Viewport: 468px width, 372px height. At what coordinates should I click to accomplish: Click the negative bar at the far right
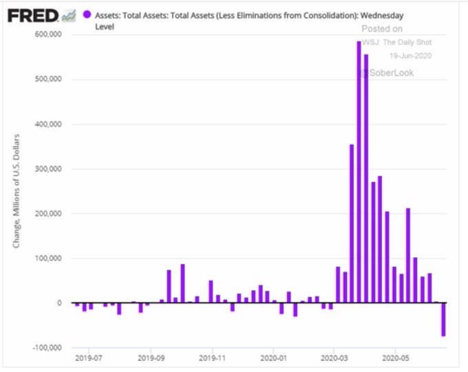444,320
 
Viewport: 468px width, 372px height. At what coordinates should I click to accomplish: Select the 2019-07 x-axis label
89,358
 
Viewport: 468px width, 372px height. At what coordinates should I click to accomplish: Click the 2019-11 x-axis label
213,358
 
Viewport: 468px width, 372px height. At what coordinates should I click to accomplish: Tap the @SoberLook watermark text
386,73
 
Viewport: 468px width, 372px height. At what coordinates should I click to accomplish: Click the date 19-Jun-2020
410,56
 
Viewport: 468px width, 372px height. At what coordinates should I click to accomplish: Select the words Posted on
382,29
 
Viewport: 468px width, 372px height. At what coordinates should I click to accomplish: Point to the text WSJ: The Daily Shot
397,43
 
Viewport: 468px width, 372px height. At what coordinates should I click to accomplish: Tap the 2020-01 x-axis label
273,358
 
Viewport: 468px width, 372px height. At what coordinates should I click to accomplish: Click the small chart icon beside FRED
68,15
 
